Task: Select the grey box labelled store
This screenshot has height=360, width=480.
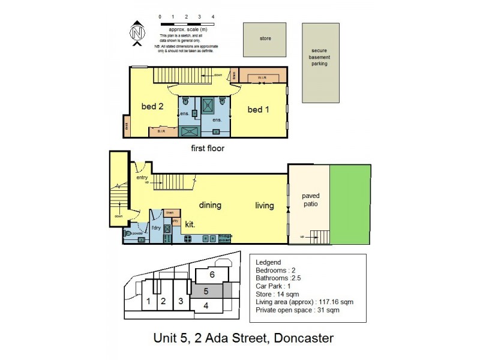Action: pyautogui.click(x=265, y=39)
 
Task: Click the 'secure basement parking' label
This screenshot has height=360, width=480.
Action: pyautogui.click(x=319, y=57)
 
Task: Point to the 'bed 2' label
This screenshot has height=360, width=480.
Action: pyautogui.click(x=152, y=107)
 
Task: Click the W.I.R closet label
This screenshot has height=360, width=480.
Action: pyautogui.click(x=262, y=77)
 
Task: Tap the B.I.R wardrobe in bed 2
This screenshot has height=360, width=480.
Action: pyautogui.click(x=161, y=131)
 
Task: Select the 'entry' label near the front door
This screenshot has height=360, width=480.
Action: pyautogui.click(x=142, y=177)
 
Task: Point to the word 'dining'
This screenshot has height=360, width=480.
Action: pyautogui.click(x=210, y=205)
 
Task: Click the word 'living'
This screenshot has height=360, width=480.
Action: pyautogui.click(x=264, y=206)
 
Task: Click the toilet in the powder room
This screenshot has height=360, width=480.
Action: pyautogui.click(x=128, y=234)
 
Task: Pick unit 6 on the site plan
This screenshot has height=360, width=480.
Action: pyautogui.click(x=211, y=274)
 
